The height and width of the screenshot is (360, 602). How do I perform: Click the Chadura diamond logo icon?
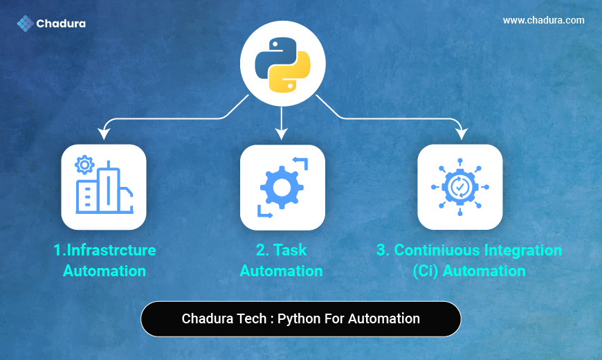[x=26, y=24]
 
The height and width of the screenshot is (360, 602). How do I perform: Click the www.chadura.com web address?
[x=544, y=20]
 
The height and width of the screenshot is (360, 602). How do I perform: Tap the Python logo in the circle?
[x=282, y=65]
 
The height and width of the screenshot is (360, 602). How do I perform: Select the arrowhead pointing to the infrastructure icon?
[x=104, y=134]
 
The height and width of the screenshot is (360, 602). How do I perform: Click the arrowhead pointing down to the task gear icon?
[x=282, y=134]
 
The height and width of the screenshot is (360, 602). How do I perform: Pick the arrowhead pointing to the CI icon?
[x=461, y=134]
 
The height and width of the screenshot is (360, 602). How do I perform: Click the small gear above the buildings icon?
[x=84, y=165]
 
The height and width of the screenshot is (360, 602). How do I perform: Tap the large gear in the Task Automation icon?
[x=282, y=188]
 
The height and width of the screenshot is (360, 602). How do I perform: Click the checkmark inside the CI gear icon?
[x=459, y=187]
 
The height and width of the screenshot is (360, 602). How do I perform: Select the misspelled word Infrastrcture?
[x=111, y=250]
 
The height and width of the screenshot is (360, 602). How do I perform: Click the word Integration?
[x=523, y=251]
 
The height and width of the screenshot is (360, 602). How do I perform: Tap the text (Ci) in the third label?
[x=426, y=271]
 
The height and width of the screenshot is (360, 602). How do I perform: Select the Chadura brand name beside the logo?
[x=61, y=24]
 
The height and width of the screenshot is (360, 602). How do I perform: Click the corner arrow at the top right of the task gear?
[x=301, y=163]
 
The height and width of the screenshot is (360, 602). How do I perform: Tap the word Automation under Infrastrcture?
[x=104, y=271]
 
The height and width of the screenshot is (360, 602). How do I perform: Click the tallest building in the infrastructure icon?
[x=109, y=187]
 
